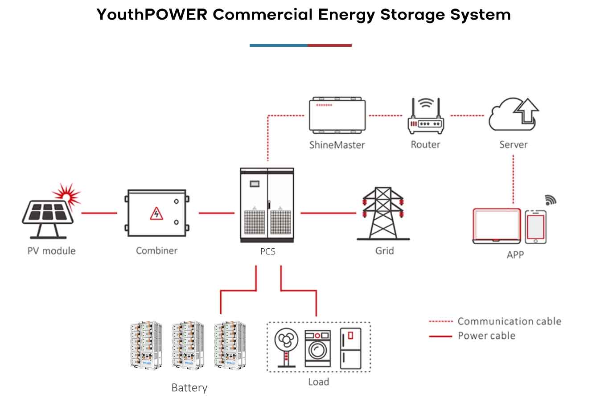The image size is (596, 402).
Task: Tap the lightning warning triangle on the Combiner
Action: coord(156,213)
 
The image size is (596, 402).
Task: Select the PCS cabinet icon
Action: coord(267,205)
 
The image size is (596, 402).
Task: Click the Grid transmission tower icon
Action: coord(383,213)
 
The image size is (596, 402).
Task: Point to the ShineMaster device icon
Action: coord(337,115)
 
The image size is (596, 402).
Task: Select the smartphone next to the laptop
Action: coord(535,227)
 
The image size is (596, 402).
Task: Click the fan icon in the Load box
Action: coord(286,348)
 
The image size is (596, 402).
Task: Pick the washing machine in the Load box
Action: coord(317,349)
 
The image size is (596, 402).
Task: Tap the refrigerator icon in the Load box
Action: coord(350,349)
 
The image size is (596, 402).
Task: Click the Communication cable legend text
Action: coord(509,321)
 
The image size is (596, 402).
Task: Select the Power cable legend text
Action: coord(486,336)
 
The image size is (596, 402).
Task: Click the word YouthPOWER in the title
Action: coord(152,15)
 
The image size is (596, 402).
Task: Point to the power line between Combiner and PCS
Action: coord(216,213)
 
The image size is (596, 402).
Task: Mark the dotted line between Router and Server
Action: coord(467,116)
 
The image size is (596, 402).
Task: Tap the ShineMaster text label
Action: coord(337,145)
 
